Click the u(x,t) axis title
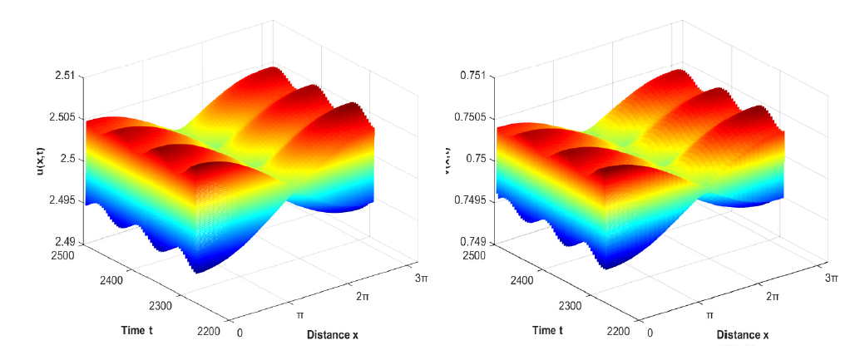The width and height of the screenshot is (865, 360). [39, 158]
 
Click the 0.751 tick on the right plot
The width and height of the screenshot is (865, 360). [472, 76]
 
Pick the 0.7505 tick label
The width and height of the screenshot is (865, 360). [467, 117]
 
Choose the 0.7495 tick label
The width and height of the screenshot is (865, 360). [467, 200]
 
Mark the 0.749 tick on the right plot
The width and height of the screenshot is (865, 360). [472, 242]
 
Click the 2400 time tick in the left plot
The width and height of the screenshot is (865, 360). [109, 280]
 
